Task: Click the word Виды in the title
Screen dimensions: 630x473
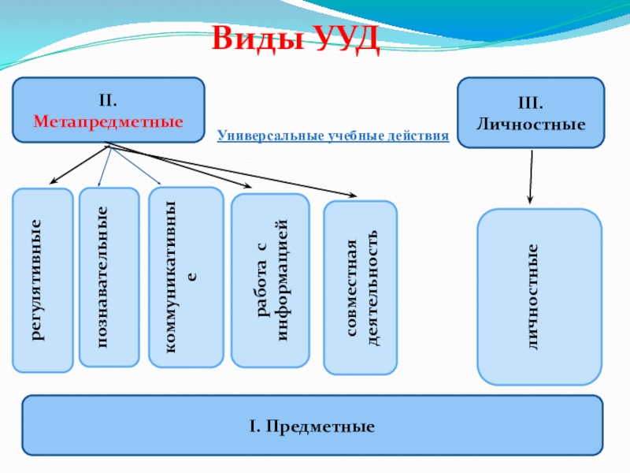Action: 258,38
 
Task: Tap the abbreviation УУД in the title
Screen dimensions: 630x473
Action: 346,39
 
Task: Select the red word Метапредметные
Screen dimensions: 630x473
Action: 108,121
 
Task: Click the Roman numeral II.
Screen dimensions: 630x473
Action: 108,101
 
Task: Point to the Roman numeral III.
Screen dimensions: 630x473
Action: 530,103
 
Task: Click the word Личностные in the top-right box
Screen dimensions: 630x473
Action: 531,124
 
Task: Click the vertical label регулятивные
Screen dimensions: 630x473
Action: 36,280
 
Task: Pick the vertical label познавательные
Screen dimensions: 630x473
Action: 103,277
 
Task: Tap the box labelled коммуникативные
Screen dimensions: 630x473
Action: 186,277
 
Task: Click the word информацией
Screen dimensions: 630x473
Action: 283,280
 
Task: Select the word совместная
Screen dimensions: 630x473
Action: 351,288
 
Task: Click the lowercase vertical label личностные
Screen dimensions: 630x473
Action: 532,296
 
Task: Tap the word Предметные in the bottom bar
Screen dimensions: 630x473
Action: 320,426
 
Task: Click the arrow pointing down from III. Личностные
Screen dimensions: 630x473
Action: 531,177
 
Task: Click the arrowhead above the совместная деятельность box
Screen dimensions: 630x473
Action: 352,195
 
